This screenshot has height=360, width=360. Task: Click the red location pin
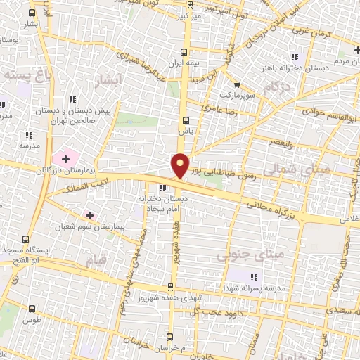coord(181,165)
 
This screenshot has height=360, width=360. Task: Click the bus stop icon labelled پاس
coord(186,120)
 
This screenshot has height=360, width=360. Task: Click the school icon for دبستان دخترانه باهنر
coord(295,57)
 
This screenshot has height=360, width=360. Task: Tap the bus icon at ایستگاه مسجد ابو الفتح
coord(26,239)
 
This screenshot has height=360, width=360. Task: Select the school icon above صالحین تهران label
coord(72,100)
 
